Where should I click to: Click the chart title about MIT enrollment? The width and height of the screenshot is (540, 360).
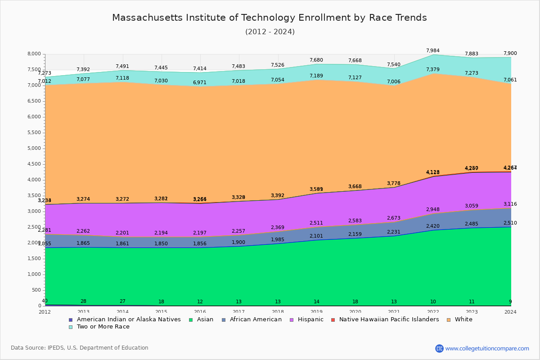pos(270,18)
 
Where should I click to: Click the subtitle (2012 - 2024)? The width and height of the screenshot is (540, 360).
pos(270,32)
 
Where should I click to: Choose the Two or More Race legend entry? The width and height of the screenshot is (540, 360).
pos(103,327)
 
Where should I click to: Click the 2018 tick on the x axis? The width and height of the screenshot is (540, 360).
pos(278,312)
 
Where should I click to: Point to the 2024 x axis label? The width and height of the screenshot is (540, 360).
pos(510,312)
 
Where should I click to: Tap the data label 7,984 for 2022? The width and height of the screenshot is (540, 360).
pos(432,50)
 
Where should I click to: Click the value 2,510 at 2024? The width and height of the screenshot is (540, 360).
pos(510,223)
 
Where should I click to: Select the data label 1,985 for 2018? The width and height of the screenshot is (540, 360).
pos(278,239)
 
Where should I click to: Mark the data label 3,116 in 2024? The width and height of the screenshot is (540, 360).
pos(510,204)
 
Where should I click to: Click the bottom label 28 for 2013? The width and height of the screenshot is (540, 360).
pos(84,301)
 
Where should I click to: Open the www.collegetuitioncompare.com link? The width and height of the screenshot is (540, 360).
pos(487,348)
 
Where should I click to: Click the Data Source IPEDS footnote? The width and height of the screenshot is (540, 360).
pos(80,348)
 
